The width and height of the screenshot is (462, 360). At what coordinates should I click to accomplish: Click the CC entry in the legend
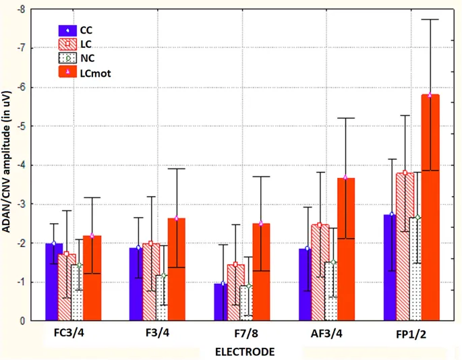pyautogui.click(x=86, y=30)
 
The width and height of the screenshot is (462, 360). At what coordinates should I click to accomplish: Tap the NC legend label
pyautogui.click(x=86, y=59)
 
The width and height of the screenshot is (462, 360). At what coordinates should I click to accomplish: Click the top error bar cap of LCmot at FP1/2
pyautogui.click(x=430, y=20)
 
